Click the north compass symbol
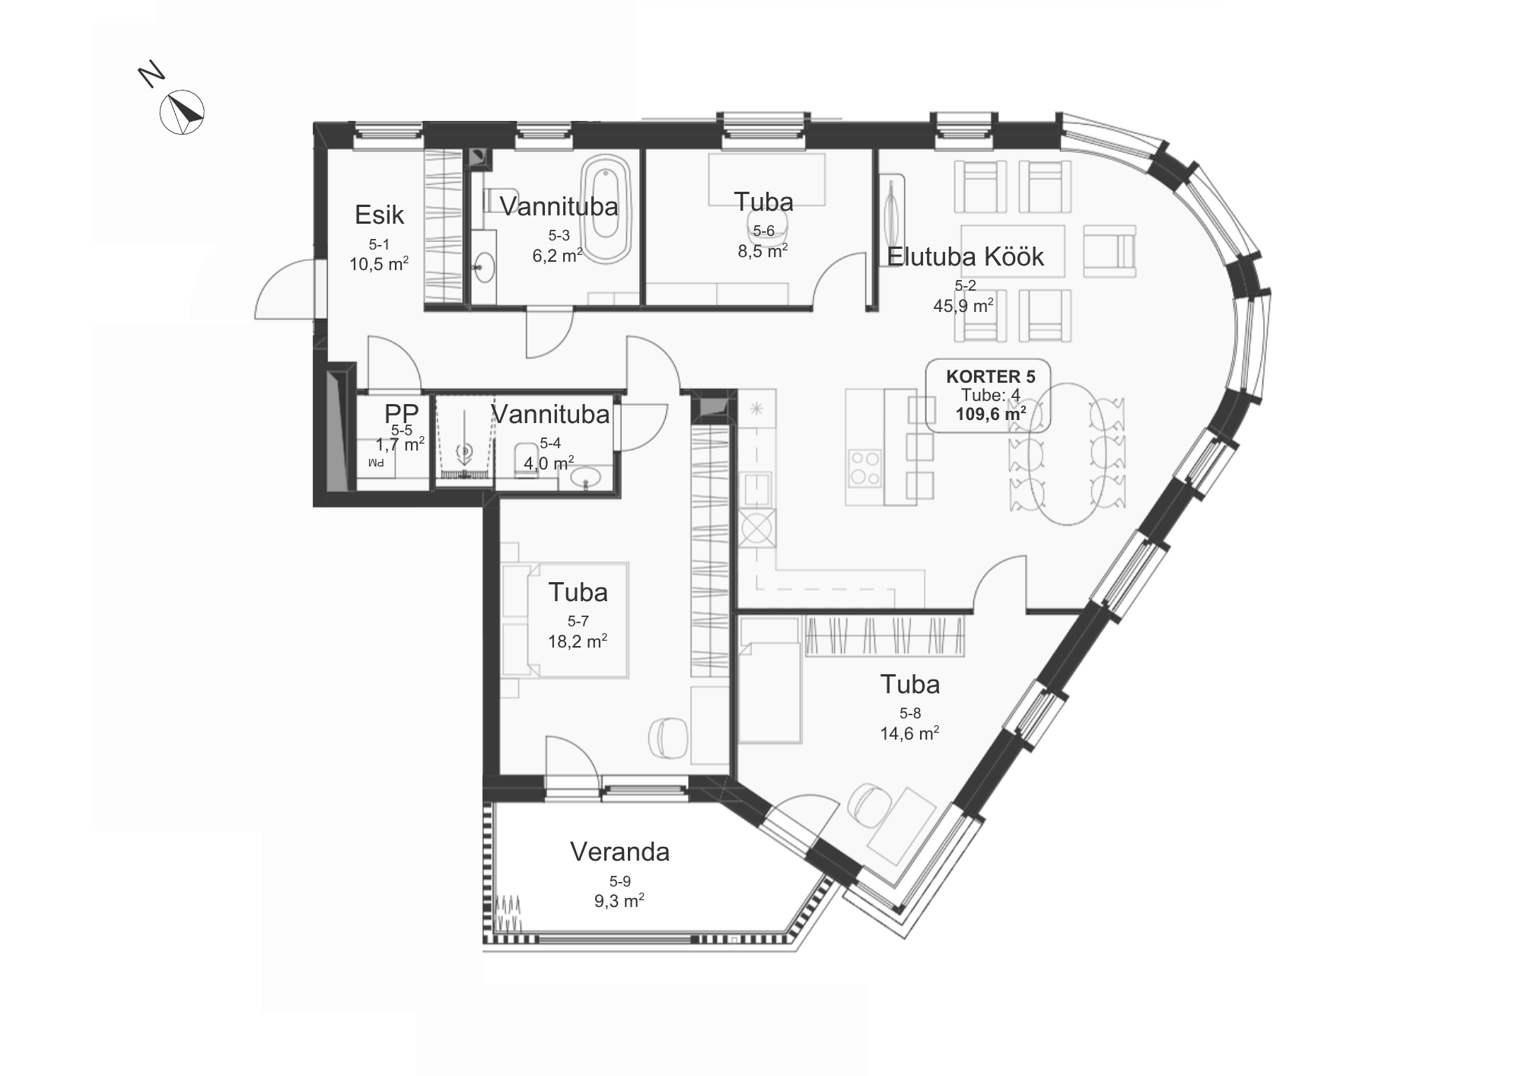pos(182,113)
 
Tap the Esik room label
pos(379,215)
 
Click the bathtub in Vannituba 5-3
pos(606,209)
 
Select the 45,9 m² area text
pos(963,305)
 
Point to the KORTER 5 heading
pos(991,376)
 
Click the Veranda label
pos(620,852)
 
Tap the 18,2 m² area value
pos(578,641)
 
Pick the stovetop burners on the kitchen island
pos(866,468)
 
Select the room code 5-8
pos(910,713)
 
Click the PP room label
pos(401,413)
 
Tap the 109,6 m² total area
pos(991,414)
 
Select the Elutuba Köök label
pos(966,256)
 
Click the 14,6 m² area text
pos(909,733)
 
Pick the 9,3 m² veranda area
pos(619,901)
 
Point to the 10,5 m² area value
pos(379,264)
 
